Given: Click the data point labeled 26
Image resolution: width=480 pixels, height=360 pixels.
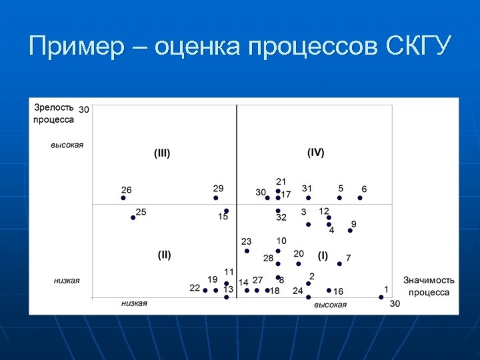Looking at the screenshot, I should pyautogui.click(x=123, y=198).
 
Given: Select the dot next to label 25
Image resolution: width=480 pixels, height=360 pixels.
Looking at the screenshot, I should pyautogui.click(x=133, y=217).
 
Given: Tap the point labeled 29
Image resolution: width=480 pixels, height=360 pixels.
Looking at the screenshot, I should pyautogui.click(x=216, y=198).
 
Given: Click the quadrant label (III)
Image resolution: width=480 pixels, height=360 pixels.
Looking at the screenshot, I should pyautogui.click(x=162, y=153).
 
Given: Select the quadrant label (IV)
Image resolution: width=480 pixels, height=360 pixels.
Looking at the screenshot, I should pyautogui.click(x=316, y=153).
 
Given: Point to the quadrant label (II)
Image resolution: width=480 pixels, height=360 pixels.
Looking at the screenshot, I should pyautogui.click(x=165, y=255).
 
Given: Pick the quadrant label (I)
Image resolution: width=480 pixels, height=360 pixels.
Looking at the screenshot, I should pyautogui.click(x=323, y=255).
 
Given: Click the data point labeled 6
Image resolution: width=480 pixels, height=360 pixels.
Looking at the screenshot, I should pyautogui.click(x=361, y=198).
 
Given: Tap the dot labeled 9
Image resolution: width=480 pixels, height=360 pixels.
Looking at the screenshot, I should pyautogui.click(x=350, y=231).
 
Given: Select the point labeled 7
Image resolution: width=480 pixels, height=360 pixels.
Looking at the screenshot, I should pyautogui.click(x=339, y=264).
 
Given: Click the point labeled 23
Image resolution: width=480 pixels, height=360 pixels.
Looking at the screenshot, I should pyautogui.click(x=247, y=251).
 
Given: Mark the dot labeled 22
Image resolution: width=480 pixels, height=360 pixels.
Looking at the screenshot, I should pyautogui.click(x=205, y=290).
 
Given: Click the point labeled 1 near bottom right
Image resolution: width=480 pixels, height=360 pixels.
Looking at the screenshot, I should pyautogui.click(x=381, y=297).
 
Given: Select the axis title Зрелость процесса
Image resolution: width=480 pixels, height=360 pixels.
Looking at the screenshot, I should pyautogui.click(x=54, y=113).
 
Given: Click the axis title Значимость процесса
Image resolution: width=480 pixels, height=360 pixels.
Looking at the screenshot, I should pyautogui.click(x=429, y=287).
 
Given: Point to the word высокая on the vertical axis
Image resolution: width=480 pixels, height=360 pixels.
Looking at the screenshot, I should pyautogui.click(x=67, y=145).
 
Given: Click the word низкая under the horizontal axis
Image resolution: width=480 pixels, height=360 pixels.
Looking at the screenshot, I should pyautogui.click(x=134, y=303).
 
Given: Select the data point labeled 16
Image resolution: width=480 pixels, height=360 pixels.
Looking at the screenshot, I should pyautogui.click(x=329, y=290).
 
